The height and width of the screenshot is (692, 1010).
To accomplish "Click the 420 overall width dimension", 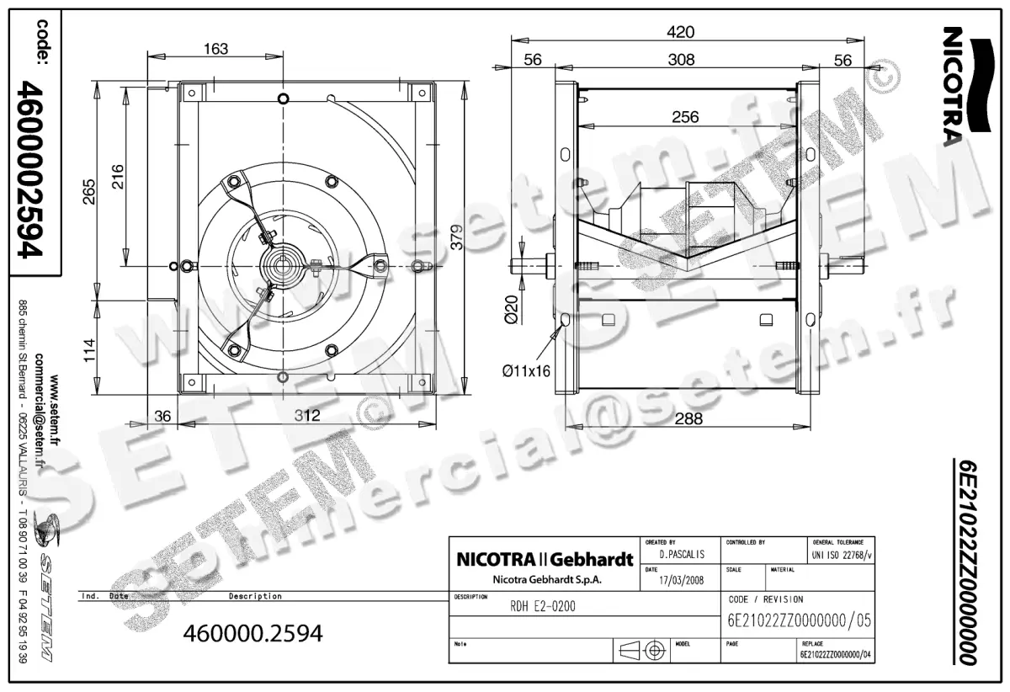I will coord(680,32).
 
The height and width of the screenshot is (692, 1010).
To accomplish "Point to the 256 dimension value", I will coord(685,117).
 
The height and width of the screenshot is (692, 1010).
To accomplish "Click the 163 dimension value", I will coord(215,49).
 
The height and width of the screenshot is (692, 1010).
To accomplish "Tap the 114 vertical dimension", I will coord(88,347).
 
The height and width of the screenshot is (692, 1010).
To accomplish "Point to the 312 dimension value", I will coord(307,415).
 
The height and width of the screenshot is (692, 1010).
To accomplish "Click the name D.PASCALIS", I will coord(681,556).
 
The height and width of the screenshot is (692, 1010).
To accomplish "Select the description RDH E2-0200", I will coord(543,606).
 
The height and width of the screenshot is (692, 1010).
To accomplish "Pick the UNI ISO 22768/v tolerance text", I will coord(843,556).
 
